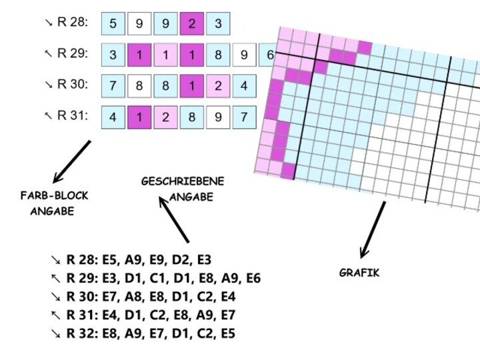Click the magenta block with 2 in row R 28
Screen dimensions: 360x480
pyautogui.click(x=192, y=24)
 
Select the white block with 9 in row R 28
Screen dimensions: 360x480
pyautogui.click(x=139, y=24)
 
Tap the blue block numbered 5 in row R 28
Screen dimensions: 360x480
pyautogui.click(x=113, y=24)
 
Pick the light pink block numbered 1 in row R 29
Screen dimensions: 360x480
pyautogui.click(x=165, y=55)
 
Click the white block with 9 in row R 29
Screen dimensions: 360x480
pyautogui.click(x=244, y=55)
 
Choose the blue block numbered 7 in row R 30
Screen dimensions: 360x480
pyautogui.click(x=113, y=85)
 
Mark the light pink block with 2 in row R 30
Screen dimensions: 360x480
pyautogui.click(x=218, y=85)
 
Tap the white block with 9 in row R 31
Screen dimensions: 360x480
pyautogui.click(x=218, y=117)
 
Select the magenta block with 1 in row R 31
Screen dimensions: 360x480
pyautogui.click(x=139, y=117)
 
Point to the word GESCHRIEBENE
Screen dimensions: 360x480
pyautogui.click(x=183, y=181)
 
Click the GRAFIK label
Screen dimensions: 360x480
pyautogui.click(x=359, y=273)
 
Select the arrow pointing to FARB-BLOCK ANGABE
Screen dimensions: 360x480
pyautogui.click(x=71, y=161)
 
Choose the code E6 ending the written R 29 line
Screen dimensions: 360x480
pyautogui.click(x=253, y=279)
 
